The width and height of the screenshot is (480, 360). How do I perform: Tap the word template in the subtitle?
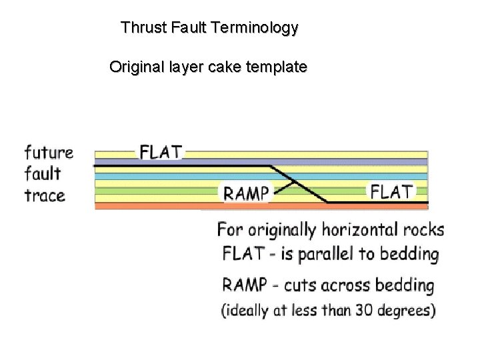tap(278, 67)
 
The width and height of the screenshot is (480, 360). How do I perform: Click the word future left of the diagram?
tap(48, 152)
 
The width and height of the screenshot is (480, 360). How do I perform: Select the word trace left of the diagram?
tap(45, 196)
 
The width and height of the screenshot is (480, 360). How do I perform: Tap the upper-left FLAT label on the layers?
tap(161, 152)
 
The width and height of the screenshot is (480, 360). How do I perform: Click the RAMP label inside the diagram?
tap(246, 193)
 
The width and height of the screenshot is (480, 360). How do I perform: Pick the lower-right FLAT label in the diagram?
tap(392, 192)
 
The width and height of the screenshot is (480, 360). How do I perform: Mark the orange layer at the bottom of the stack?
tap(260, 207)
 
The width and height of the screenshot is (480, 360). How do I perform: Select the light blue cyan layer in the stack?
tap(200, 176)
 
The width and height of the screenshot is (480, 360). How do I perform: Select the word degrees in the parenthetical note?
tap(407, 311)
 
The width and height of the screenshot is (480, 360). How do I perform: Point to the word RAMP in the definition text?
tap(244, 286)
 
